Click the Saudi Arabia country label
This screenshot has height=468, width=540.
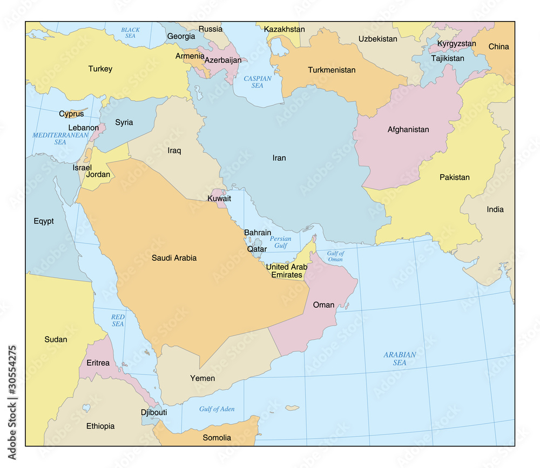[174, 258]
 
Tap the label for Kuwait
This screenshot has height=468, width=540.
[219, 199]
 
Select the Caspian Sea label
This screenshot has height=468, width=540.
[258, 82]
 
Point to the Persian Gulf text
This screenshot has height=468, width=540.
[280, 242]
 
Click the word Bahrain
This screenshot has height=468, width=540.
[258, 233]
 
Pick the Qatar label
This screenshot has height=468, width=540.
[256, 249]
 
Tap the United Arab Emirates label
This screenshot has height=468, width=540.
[286, 271]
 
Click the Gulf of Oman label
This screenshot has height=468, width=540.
[335, 256]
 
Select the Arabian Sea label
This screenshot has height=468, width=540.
[400, 359]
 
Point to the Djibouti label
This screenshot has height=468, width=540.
[153, 412]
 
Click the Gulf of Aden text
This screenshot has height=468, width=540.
[217, 409]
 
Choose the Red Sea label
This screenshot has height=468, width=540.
[118, 320]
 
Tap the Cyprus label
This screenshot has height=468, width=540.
[71, 114]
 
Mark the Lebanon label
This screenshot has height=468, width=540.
[83, 128]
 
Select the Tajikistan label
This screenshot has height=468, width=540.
[447, 58]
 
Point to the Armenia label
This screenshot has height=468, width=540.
[190, 56]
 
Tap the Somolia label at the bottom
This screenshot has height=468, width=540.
[217, 438]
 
